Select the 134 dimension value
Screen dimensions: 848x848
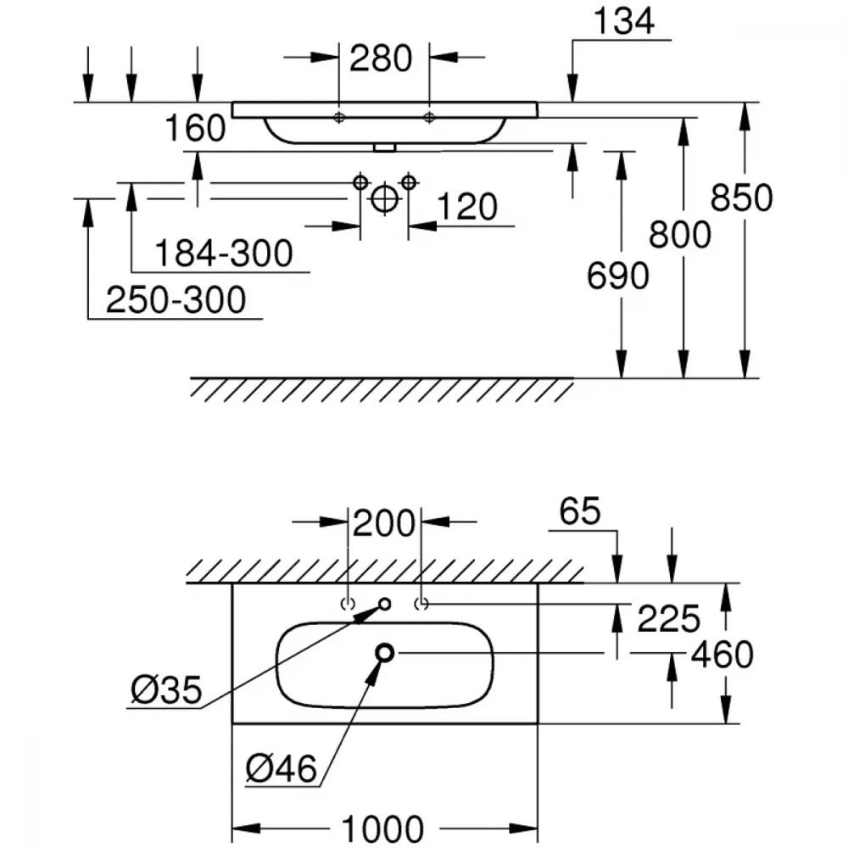[623, 22]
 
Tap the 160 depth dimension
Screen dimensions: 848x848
[195, 128]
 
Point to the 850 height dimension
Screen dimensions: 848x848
[741, 197]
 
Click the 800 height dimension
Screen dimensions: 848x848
[680, 235]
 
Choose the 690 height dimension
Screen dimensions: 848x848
[618, 276]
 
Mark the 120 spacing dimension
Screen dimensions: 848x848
[466, 207]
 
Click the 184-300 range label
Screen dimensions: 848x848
[224, 253]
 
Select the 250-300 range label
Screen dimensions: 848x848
[176, 299]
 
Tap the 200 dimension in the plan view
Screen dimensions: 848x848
[384, 523]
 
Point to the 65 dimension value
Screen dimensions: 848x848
[580, 510]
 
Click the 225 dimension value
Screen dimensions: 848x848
[669, 619]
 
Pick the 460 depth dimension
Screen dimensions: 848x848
[722, 655]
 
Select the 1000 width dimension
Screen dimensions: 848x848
[383, 828]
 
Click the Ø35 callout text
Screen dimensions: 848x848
[166, 690]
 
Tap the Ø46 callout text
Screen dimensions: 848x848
[282, 768]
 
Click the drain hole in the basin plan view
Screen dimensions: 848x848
[384, 653]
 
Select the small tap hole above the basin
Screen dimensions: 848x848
[384, 604]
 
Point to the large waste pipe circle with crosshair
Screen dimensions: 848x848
[384, 198]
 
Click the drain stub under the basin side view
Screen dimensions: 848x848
[384, 148]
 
